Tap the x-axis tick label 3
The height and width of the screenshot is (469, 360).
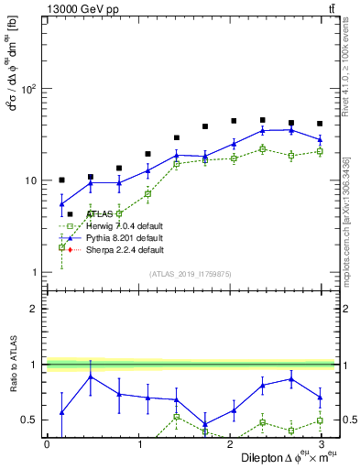pyautogui.click(x=321, y=444)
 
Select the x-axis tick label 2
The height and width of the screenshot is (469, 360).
pyautogui.click(x=230, y=444)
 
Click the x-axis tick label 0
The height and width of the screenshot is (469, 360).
pyautogui.click(x=47, y=444)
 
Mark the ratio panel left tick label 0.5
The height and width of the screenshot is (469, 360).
pyautogui.click(x=29, y=420)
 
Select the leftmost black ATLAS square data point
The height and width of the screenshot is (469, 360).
pyautogui.click(x=61, y=180)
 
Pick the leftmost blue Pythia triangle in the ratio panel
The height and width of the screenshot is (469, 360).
pyautogui.click(x=61, y=412)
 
